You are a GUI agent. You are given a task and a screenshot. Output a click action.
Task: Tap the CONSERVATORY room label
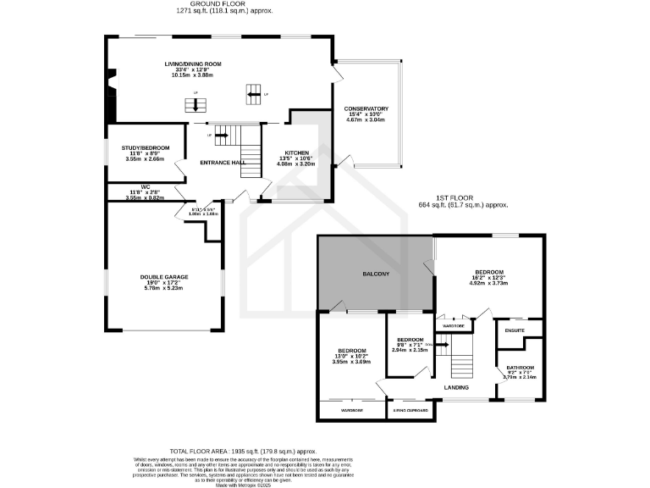(x=366, y=108)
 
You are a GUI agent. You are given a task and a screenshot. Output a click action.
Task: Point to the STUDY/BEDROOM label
(x=146, y=147)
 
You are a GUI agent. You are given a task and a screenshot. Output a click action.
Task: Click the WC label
(x=145, y=187)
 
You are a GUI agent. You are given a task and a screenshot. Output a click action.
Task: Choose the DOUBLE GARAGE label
(x=163, y=277)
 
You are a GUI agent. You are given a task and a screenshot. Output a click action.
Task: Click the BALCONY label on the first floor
(x=376, y=274)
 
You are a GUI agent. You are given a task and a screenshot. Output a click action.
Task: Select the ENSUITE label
(x=515, y=330)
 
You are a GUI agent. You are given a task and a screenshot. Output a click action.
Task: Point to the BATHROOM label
(x=520, y=368)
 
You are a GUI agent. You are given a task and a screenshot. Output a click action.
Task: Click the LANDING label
(x=456, y=388)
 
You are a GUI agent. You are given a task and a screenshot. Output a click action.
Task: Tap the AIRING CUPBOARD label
(x=411, y=411)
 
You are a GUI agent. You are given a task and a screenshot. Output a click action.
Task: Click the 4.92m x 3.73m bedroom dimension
(x=488, y=284)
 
